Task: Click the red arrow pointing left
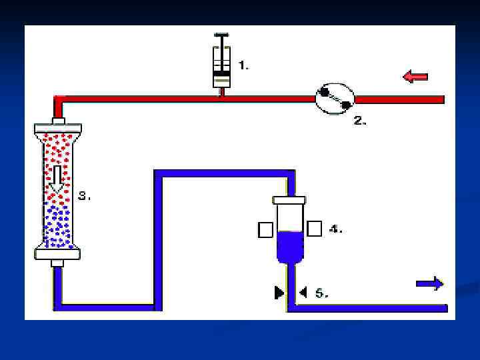(415, 77)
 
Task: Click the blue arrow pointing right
(430, 284)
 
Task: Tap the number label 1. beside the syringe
(244, 65)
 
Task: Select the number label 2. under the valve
(360, 121)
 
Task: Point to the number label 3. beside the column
(84, 196)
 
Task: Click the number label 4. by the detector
(336, 229)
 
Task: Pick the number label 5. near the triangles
(321, 293)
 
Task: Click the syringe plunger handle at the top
(222, 35)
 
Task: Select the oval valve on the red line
(335, 99)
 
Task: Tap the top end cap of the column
(57, 127)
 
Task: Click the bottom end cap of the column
(57, 253)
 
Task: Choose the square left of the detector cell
(265, 229)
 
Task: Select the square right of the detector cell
(315, 229)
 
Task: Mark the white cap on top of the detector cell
(289, 199)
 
